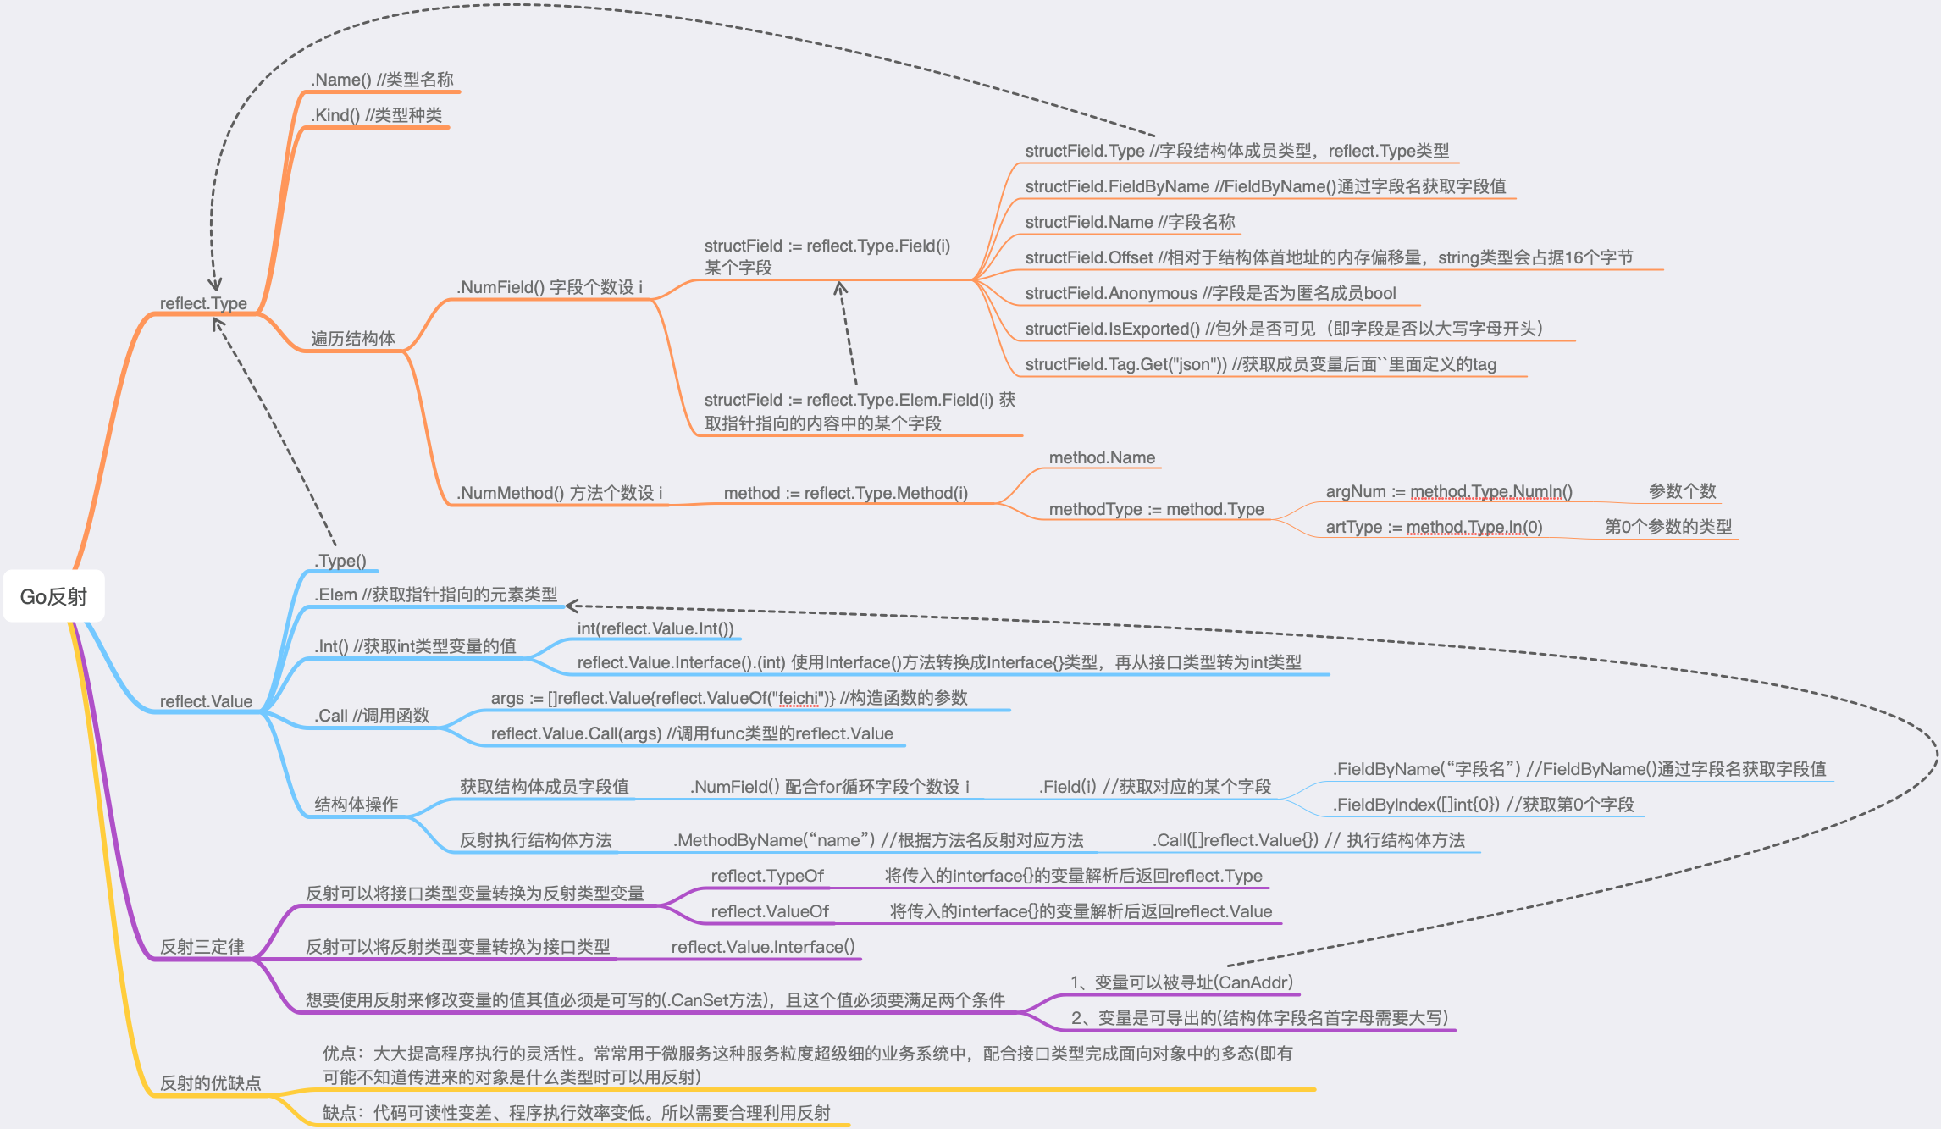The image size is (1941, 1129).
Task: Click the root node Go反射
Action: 54,596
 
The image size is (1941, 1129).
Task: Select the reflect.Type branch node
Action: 203,303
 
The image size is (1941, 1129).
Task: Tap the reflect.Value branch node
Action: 206,701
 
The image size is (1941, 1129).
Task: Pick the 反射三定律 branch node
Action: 202,947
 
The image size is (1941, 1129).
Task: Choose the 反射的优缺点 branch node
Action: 211,1083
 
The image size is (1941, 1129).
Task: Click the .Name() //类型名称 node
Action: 382,80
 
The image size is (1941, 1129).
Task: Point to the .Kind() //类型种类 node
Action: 376,115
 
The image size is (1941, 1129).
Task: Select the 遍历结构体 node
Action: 352,339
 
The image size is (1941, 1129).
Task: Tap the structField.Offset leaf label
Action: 1329,257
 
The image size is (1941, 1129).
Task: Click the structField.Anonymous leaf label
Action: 1210,293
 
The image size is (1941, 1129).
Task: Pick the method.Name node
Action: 1102,457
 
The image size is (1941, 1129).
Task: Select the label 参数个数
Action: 1682,491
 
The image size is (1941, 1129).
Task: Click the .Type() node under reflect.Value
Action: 340,561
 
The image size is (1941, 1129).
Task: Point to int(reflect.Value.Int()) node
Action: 655,628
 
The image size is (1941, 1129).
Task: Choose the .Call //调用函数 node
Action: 372,716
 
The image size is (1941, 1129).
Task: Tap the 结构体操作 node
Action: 356,805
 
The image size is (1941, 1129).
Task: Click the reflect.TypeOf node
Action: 767,876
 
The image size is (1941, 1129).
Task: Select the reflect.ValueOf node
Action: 770,911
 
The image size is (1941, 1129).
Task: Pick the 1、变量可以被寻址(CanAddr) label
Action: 1181,982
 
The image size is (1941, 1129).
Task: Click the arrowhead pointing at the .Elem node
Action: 572,605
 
